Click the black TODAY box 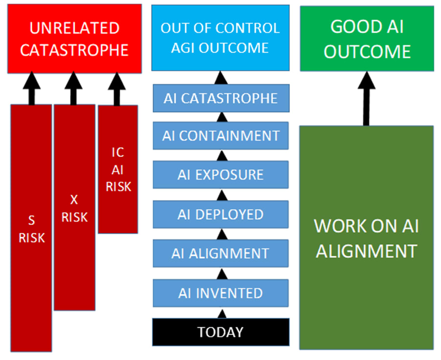click(x=220, y=332)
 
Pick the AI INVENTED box click(x=220, y=293)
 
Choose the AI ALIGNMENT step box click(x=220, y=253)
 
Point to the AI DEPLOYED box click(x=220, y=214)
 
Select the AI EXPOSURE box click(x=220, y=175)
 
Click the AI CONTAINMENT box click(x=220, y=135)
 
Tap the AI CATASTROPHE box click(x=220, y=98)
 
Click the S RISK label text click(x=32, y=229)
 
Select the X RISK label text click(x=74, y=208)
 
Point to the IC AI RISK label click(x=118, y=169)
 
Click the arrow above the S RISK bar click(x=32, y=88)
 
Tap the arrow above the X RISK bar click(x=74, y=88)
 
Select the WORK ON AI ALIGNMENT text click(x=367, y=238)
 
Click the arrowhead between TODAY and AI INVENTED click(x=222, y=314)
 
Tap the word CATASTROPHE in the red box click(x=74, y=50)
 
